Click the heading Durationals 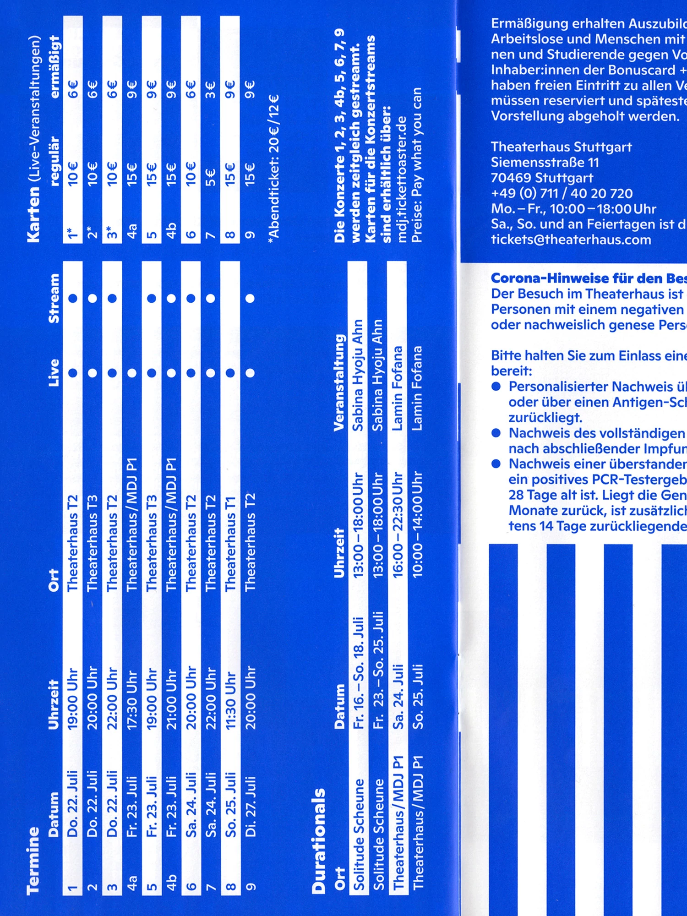pos(319,841)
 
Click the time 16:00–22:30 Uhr pos(398,524)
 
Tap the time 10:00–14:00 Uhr pos(417,524)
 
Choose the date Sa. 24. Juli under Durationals pos(398,697)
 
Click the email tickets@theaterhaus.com pos(571,240)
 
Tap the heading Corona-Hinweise pos(586,278)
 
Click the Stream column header pos(54,298)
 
